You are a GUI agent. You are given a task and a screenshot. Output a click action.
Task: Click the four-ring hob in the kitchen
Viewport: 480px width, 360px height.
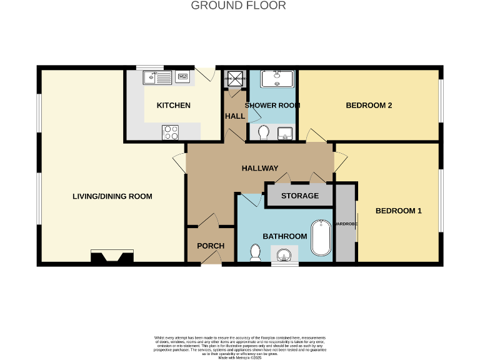tap(170, 132)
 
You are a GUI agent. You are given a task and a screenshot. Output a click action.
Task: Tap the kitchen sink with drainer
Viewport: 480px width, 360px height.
tap(158, 77)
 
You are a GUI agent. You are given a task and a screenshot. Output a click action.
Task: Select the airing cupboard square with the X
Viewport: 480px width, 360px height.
tap(236, 79)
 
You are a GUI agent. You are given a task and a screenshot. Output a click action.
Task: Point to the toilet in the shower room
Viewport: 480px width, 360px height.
tap(263, 132)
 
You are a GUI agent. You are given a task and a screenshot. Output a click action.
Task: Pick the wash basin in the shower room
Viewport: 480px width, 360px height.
tap(284, 132)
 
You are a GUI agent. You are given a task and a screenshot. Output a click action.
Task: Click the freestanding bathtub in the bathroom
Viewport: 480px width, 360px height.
tap(321, 237)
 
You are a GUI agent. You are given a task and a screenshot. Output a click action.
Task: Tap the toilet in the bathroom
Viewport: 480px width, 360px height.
tap(255, 252)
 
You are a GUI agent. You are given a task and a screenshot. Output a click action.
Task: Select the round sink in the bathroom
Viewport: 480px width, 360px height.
tap(284, 254)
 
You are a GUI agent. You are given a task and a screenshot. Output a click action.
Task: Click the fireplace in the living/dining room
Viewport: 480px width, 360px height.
tap(112, 256)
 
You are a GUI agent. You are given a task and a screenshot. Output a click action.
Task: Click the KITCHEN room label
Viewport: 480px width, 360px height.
tap(173, 105)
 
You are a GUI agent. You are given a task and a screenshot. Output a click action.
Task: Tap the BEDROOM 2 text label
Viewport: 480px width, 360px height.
tap(369, 105)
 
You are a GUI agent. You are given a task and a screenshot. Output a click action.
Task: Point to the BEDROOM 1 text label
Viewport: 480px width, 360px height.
tap(398, 211)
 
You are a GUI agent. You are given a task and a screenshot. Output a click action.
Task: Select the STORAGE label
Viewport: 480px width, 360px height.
tap(300, 196)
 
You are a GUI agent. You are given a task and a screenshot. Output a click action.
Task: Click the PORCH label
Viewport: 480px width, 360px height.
tap(211, 246)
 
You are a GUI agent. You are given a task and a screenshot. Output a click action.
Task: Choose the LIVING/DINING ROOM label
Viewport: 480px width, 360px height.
tap(112, 196)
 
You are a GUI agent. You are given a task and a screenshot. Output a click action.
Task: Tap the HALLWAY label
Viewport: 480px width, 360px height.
tap(260, 168)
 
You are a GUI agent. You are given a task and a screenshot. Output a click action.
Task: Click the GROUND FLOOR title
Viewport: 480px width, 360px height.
tap(238, 6)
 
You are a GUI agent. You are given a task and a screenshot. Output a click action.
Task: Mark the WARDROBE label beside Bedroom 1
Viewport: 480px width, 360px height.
tap(344, 223)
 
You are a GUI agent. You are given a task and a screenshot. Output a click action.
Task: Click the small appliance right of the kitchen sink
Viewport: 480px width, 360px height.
tap(183, 77)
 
